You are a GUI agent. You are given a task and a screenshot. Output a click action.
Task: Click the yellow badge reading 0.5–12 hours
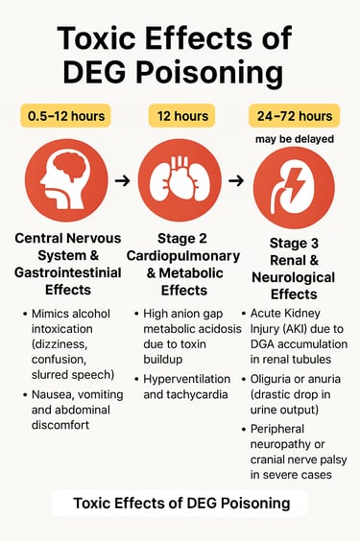[64, 116]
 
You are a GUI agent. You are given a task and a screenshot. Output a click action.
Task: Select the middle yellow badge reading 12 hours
[180, 116]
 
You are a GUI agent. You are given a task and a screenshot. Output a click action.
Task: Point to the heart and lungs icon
[180, 179]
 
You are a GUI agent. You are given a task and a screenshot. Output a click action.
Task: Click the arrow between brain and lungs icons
[121, 179]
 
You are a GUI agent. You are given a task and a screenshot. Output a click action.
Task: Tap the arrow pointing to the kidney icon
[237, 179]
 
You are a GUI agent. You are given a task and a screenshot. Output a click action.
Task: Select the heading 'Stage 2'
[180, 237]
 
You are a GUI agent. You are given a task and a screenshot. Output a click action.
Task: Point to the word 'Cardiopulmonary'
[180, 255]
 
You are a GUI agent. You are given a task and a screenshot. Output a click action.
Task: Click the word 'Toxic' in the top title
[100, 39]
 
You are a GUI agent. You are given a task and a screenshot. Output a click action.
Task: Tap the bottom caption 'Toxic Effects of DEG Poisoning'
[180, 504]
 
